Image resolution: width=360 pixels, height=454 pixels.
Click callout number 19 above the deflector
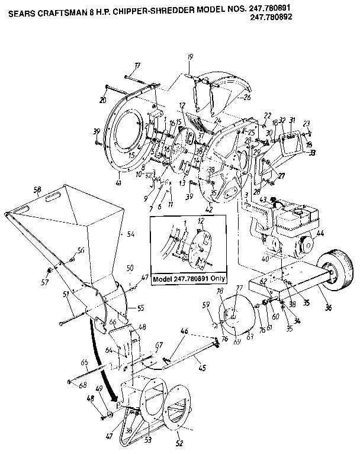pyautogui.click(x=191, y=57)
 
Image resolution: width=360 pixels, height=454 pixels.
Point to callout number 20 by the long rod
pyautogui.click(x=103, y=99)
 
